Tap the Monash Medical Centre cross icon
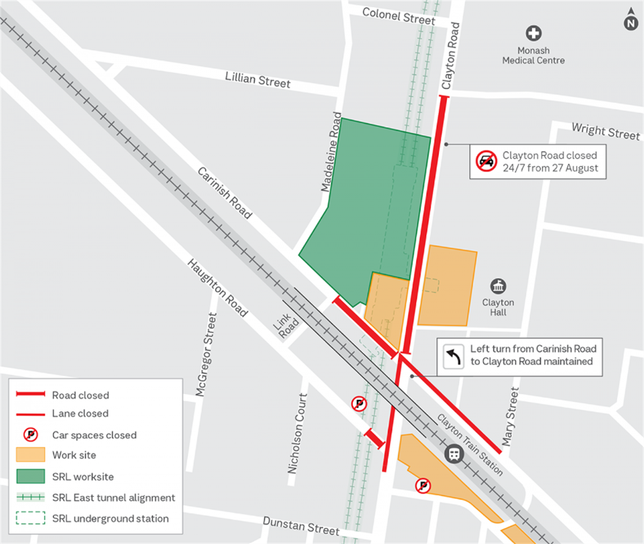(533, 33)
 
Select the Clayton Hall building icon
(498, 286)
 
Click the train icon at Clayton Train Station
(454, 454)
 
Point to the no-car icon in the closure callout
(486, 161)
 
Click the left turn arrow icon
(454, 356)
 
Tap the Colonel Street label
(398, 16)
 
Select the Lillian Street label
(258, 80)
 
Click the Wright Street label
(605, 131)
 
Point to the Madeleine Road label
(331, 152)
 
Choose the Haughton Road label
(217, 288)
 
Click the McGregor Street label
(206, 355)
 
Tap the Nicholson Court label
(297, 433)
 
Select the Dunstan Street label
(301, 526)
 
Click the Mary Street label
(510, 417)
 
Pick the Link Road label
(286, 324)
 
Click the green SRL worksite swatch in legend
(31, 476)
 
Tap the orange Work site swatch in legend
(31, 455)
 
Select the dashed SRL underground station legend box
(31, 518)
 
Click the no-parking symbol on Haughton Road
(359, 404)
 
